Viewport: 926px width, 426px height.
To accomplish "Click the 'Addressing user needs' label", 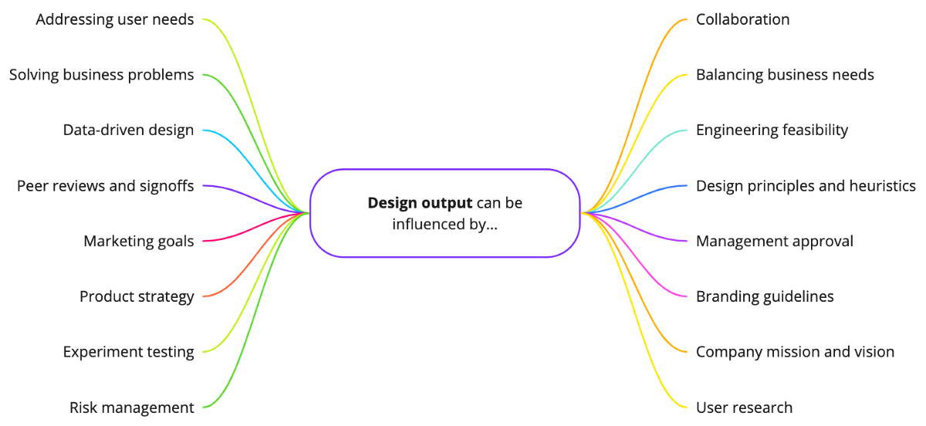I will (115, 19).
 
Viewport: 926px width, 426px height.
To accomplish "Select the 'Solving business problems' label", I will (101, 75).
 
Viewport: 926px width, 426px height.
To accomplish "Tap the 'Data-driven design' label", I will (128, 130).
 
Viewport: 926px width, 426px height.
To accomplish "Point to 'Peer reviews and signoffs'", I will (105, 186).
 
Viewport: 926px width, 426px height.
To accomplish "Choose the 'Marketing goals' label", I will (138, 242).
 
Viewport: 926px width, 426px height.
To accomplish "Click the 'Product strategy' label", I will (137, 296).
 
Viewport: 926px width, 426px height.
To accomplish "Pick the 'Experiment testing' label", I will (128, 352).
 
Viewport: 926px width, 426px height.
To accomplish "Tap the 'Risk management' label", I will (131, 407).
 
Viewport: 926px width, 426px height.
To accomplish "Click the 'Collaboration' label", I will (742, 19).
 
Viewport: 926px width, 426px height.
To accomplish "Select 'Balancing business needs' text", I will (785, 75).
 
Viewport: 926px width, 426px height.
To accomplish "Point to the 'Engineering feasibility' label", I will (772, 130).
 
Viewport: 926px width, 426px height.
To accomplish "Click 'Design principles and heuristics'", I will (806, 186).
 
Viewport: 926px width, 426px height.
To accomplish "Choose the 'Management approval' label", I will (774, 242).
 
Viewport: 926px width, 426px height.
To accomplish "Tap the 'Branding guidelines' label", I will (765, 296).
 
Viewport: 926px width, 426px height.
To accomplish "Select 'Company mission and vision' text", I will (795, 352).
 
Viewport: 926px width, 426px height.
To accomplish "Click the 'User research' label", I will (744, 407).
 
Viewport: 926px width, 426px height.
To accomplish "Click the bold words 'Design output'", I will (420, 203).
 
